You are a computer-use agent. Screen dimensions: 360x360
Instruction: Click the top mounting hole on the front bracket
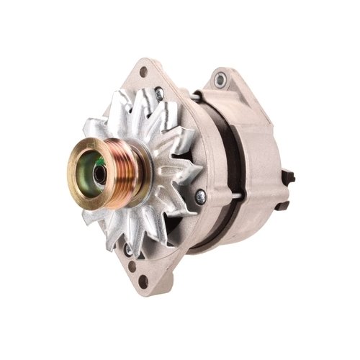pyautogui.click(x=143, y=72)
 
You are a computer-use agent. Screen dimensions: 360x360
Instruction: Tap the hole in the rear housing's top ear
pyautogui.click(x=220, y=78)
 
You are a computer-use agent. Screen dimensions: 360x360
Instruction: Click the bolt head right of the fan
pyautogui.click(x=200, y=194)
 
